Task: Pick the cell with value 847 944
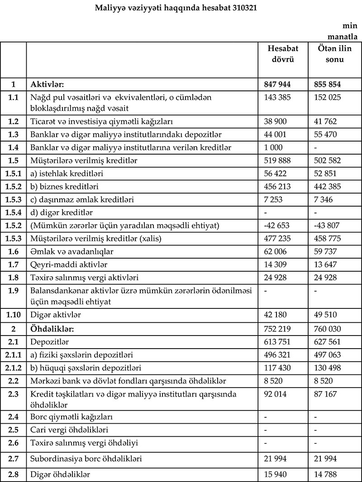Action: pyautogui.click(x=277, y=84)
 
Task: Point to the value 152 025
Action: pyautogui.click(x=328, y=97)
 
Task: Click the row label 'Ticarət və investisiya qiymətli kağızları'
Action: pyautogui.click(x=102, y=122)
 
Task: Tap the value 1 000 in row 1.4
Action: pyautogui.click(x=273, y=147)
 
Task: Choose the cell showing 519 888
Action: pyautogui.click(x=277, y=161)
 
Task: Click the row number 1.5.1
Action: pyautogui.click(x=13, y=173)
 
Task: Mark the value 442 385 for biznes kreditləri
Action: pyautogui.click(x=328, y=186)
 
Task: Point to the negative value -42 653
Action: pyautogui.click(x=276, y=225)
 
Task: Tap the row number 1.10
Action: pyautogui.click(x=13, y=313)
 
